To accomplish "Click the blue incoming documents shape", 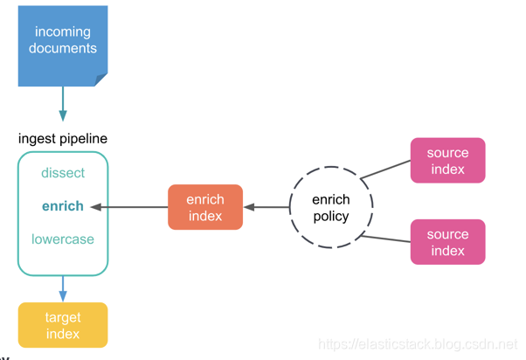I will [x=62, y=44].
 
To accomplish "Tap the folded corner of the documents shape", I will [x=100, y=80].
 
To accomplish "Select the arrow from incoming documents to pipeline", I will [x=63, y=104].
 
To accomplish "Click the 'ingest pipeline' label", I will [x=63, y=139].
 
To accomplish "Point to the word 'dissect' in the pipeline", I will [x=63, y=173].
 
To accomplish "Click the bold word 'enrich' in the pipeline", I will [x=63, y=206].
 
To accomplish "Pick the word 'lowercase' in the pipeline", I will [x=63, y=239].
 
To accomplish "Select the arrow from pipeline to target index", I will [x=63, y=288].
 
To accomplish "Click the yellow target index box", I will [x=63, y=325].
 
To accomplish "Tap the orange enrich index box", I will [x=205, y=207].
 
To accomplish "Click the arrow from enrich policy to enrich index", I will [x=266, y=207].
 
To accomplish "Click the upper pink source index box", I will [x=447, y=161].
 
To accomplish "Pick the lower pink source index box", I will [x=447, y=242].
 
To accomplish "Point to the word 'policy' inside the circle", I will [x=331, y=216].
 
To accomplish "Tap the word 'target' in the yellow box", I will [x=63, y=317].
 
